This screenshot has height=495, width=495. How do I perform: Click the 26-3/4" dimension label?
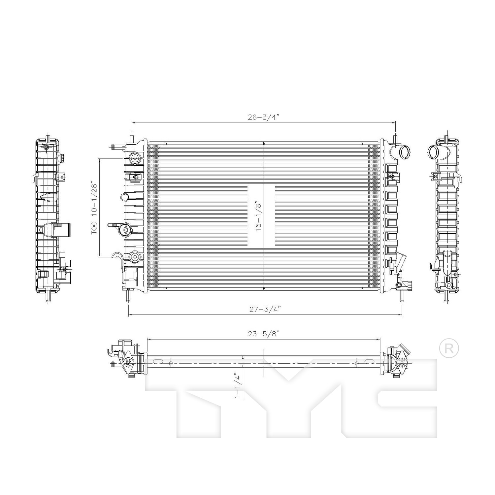264,117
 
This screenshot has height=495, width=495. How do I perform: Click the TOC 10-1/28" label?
95,208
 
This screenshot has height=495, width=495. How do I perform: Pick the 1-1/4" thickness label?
237,385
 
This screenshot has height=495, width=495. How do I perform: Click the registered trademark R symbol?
449,349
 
